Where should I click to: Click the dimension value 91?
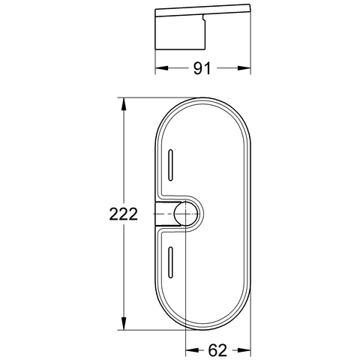point(201,69)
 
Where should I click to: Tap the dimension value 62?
point(217,350)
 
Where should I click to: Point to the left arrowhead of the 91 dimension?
point(158,68)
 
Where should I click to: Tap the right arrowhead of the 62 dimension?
point(247,349)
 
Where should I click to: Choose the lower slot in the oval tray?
point(171,262)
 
